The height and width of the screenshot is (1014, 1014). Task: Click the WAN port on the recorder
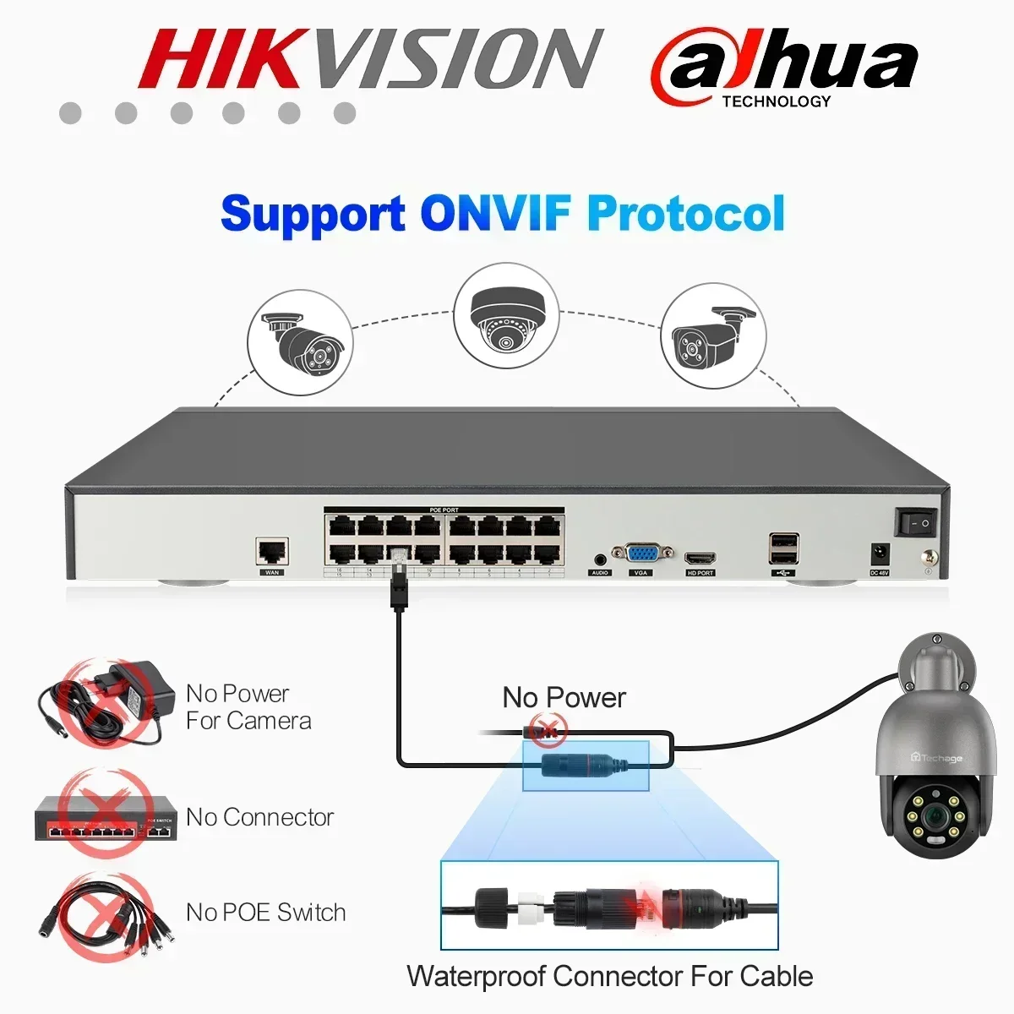tap(272, 551)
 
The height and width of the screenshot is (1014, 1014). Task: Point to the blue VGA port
tap(641, 554)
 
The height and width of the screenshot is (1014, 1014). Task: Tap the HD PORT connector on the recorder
tap(701, 559)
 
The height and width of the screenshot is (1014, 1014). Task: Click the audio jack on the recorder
tap(601, 559)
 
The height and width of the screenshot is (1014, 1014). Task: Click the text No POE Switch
tap(265, 913)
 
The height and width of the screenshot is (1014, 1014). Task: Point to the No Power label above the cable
tap(564, 698)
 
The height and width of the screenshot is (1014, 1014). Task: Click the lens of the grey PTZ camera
tap(932, 817)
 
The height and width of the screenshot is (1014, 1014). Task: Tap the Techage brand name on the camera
tap(937, 758)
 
